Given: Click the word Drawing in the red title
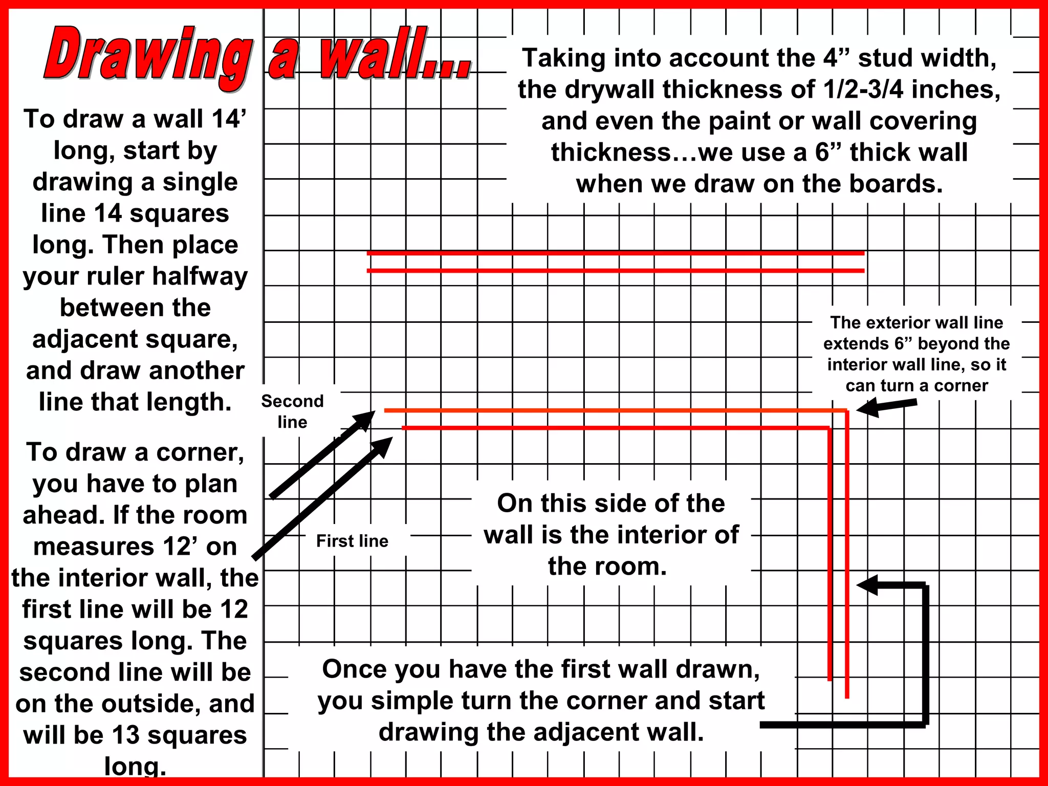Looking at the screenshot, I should [x=148, y=55].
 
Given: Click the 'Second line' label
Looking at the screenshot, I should [x=292, y=411].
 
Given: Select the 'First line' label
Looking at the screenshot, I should [x=352, y=541].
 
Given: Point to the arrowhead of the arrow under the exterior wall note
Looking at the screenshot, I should [x=868, y=408].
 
